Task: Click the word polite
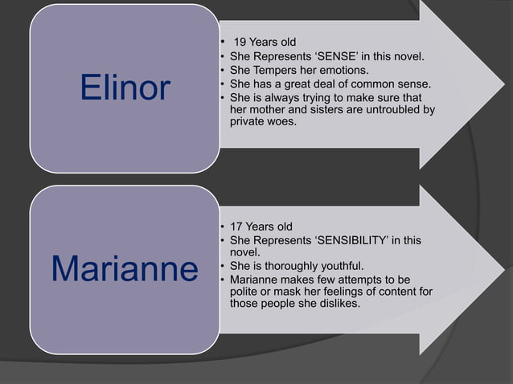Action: pyautogui.click(x=245, y=292)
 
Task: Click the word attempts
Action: pyautogui.click(x=362, y=279)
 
